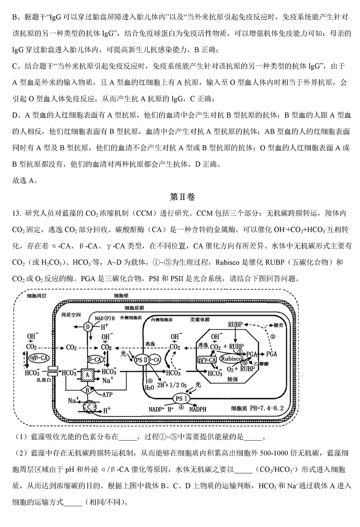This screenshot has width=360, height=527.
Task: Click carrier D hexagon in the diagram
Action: click(x=88, y=327)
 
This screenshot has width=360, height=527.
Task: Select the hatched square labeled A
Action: click(x=87, y=375)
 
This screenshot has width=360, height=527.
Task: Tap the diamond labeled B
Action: click(x=87, y=391)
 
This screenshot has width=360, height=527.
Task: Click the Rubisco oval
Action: click(x=231, y=359)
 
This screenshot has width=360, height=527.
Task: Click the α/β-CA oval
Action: click(x=39, y=358)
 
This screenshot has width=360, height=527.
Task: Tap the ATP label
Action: click(x=107, y=395)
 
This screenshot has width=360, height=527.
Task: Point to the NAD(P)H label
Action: click(x=105, y=318)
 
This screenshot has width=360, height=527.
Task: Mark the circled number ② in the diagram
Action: click(x=273, y=336)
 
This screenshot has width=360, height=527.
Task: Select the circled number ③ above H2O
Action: click(x=150, y=381)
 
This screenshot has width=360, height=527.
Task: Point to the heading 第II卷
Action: click(x=182, y=197)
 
